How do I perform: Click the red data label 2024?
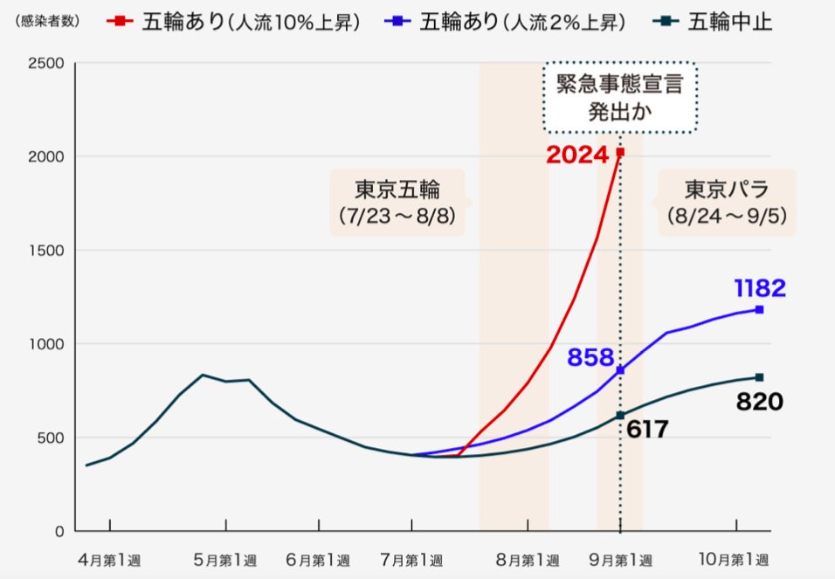[576, 155]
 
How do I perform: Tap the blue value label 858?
[591, 356]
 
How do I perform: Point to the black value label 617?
[647, 429]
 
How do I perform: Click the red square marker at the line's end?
[620, 152]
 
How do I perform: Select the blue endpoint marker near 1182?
[759, 309]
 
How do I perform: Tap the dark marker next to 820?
[759, 377]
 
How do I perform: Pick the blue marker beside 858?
[620, 370]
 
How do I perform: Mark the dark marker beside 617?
[620, 416]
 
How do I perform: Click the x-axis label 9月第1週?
[618, 559]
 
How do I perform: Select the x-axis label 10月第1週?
[735, 559]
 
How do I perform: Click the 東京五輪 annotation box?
[397, 203]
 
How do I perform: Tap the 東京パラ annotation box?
[726, 203]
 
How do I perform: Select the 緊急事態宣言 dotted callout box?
[620, 97]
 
